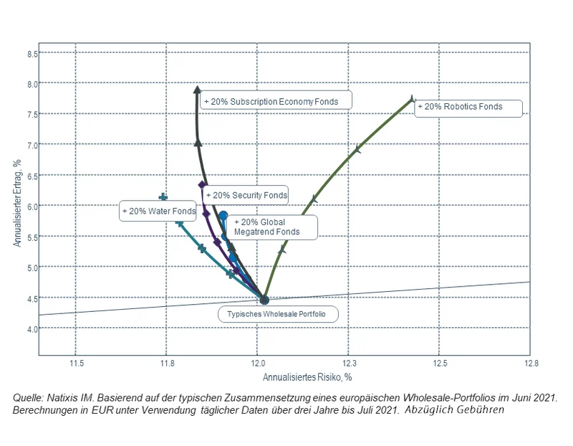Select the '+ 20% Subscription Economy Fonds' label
pos(275,101)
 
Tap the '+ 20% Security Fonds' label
pos(246,195)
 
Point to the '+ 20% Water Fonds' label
pos(158,212)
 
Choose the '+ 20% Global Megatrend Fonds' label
pos(267,227)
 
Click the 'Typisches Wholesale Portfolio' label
pos(277,314)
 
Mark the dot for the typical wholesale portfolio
pos(264,300)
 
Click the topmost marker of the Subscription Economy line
pos(198,90)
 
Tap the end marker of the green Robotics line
pos(412,99)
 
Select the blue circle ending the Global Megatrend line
pos(223,215)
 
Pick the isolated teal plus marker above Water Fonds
pos(163,197)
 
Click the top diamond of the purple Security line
pos(203,185)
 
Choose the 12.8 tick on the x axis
pos(529,364)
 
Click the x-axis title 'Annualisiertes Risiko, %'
pos(307,377)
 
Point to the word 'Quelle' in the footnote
pos(28,397)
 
